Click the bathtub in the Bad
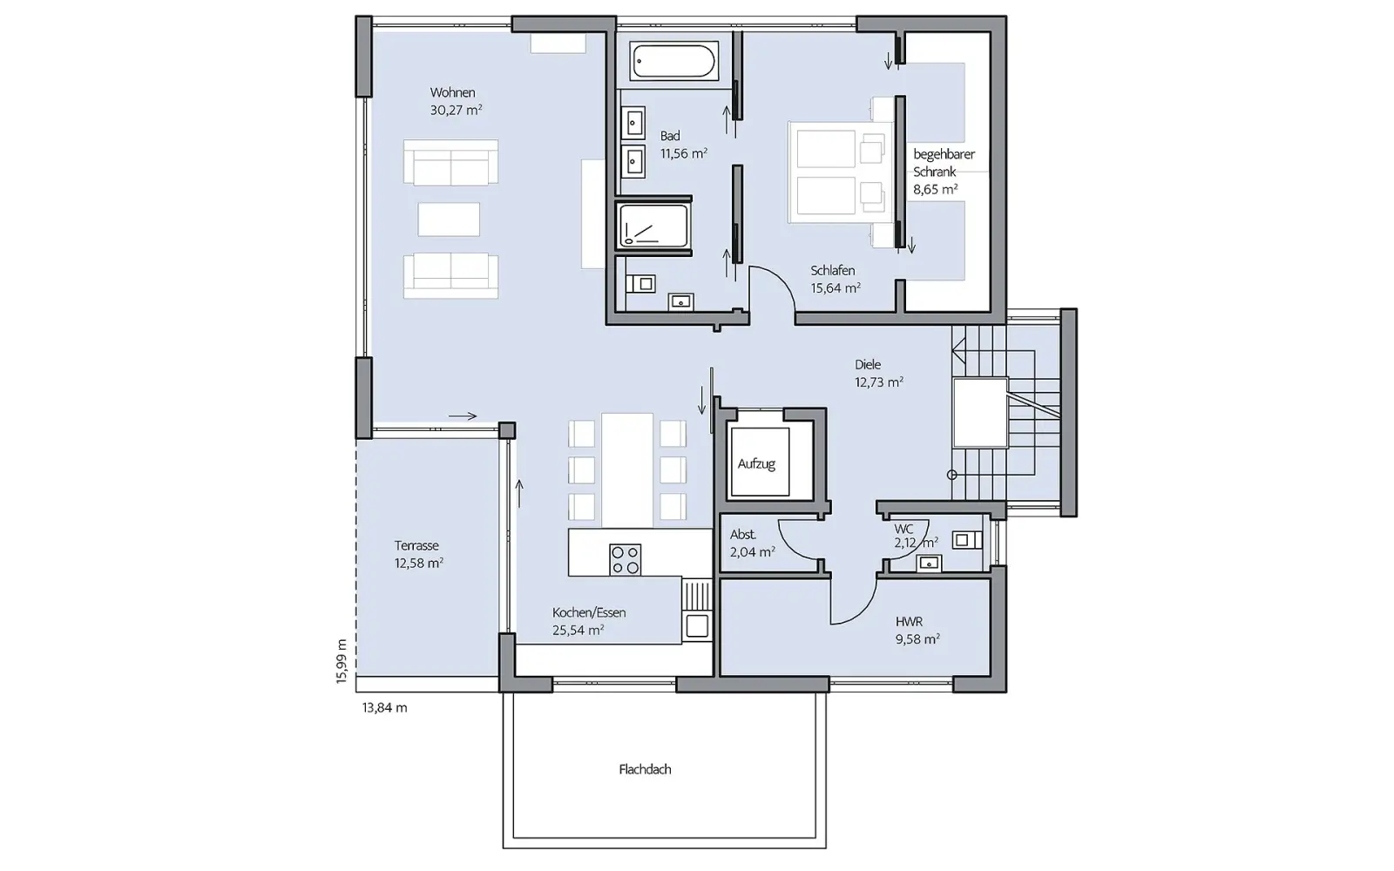(674, 61)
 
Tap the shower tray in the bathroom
(653, 226)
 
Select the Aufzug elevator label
(757, 463)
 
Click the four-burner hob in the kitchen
(626, 559)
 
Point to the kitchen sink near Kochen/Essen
(696, 625)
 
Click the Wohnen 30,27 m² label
(457, 101)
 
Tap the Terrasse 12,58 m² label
(419, 554)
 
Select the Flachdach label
(645, 770)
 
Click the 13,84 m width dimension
(384, 707)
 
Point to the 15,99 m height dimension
(341, 661)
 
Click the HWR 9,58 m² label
(917, 631)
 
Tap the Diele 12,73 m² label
(879, 374)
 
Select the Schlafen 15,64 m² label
(836, 280)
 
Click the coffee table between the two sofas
(449, 219)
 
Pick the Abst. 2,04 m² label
(753, 544)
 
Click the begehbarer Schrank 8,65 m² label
(944, 172)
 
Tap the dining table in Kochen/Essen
(627, 470)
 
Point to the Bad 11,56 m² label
(683, 145)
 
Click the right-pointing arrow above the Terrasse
(463, 415)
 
